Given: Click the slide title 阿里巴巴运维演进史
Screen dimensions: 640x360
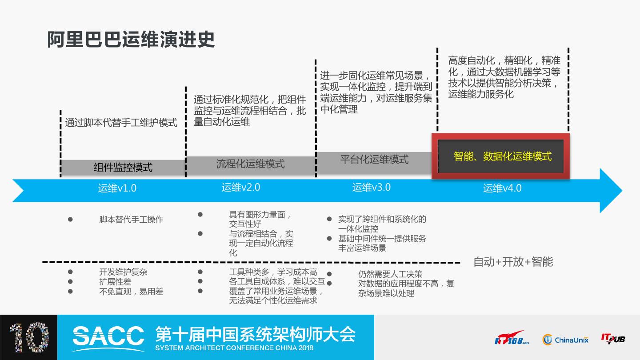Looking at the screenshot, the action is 131,40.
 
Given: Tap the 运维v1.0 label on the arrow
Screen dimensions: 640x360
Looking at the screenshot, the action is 117,188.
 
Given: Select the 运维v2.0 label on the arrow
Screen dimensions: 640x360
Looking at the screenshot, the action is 241,187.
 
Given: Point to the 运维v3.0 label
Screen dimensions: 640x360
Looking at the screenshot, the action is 372,187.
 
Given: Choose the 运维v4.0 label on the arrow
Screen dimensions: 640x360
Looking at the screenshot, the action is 502,188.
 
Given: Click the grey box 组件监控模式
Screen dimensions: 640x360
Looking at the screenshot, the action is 123,168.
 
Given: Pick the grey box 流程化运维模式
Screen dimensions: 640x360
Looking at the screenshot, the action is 250,164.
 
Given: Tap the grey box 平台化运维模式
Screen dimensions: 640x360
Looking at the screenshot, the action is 374,160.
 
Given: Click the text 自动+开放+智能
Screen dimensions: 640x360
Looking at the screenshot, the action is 513,262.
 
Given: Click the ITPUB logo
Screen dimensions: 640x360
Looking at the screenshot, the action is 613,339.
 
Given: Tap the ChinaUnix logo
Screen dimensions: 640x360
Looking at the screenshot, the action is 565,340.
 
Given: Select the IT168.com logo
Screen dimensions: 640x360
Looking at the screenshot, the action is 512,339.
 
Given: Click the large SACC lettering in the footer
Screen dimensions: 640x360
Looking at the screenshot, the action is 108,335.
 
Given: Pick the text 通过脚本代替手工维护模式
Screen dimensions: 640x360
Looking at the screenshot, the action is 121,123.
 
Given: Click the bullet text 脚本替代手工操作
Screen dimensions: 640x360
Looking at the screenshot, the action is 131,220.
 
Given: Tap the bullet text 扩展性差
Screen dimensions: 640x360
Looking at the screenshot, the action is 115,282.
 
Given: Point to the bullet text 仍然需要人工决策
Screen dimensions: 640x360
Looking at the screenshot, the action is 390,274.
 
